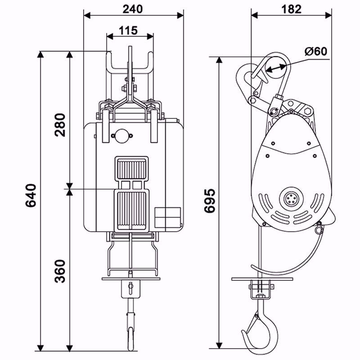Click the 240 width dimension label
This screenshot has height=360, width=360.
tap(134, 9)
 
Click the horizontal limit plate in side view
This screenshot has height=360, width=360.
tap(262, 279)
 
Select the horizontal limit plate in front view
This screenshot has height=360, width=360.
tap(131, 279)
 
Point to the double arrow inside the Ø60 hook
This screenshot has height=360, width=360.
tap(275, 68)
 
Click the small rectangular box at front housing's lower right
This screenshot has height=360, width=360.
tap(167, 217)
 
